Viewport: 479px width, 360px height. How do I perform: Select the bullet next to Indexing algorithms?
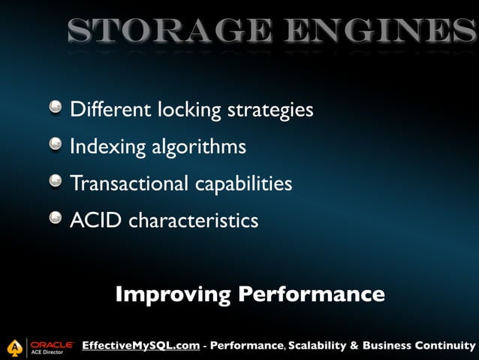coord(56,145)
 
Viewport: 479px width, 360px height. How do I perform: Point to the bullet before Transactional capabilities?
coord(56,182)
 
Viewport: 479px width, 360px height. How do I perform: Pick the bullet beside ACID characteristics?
coord(56,219)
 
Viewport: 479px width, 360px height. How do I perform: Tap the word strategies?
coord(270,110)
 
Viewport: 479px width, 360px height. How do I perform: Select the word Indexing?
coord(98,147)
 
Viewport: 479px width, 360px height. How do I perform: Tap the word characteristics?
coord(194,220)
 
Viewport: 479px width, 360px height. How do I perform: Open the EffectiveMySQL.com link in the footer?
coord(140,346)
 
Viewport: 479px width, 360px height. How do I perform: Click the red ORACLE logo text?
coord(52,343)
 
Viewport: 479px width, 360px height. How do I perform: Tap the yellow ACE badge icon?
coord(14,347)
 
